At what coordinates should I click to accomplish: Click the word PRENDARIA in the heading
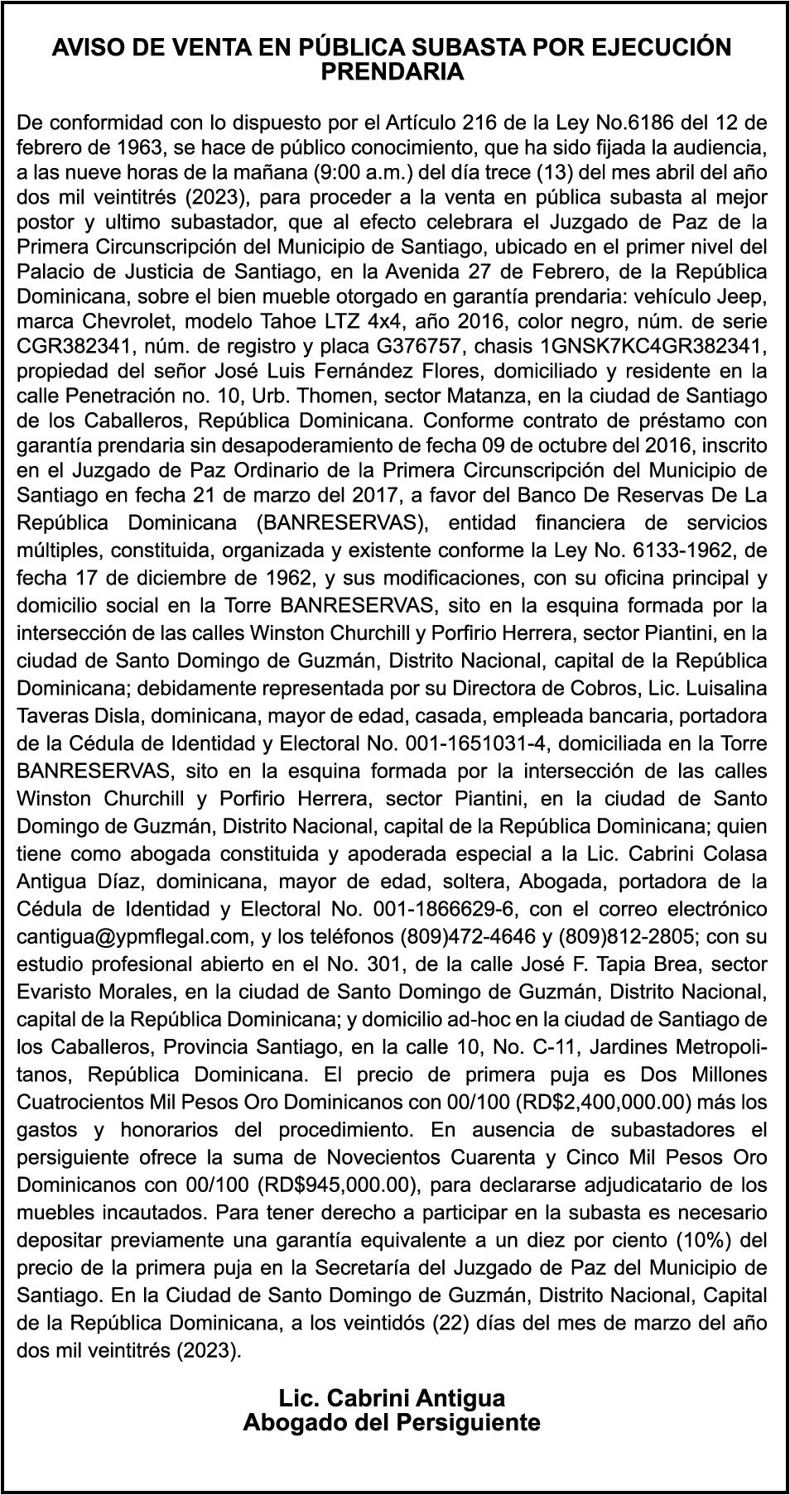point(392,72)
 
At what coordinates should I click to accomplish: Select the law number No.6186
point(631,124)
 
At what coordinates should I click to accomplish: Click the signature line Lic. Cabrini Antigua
point(392,1398)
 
